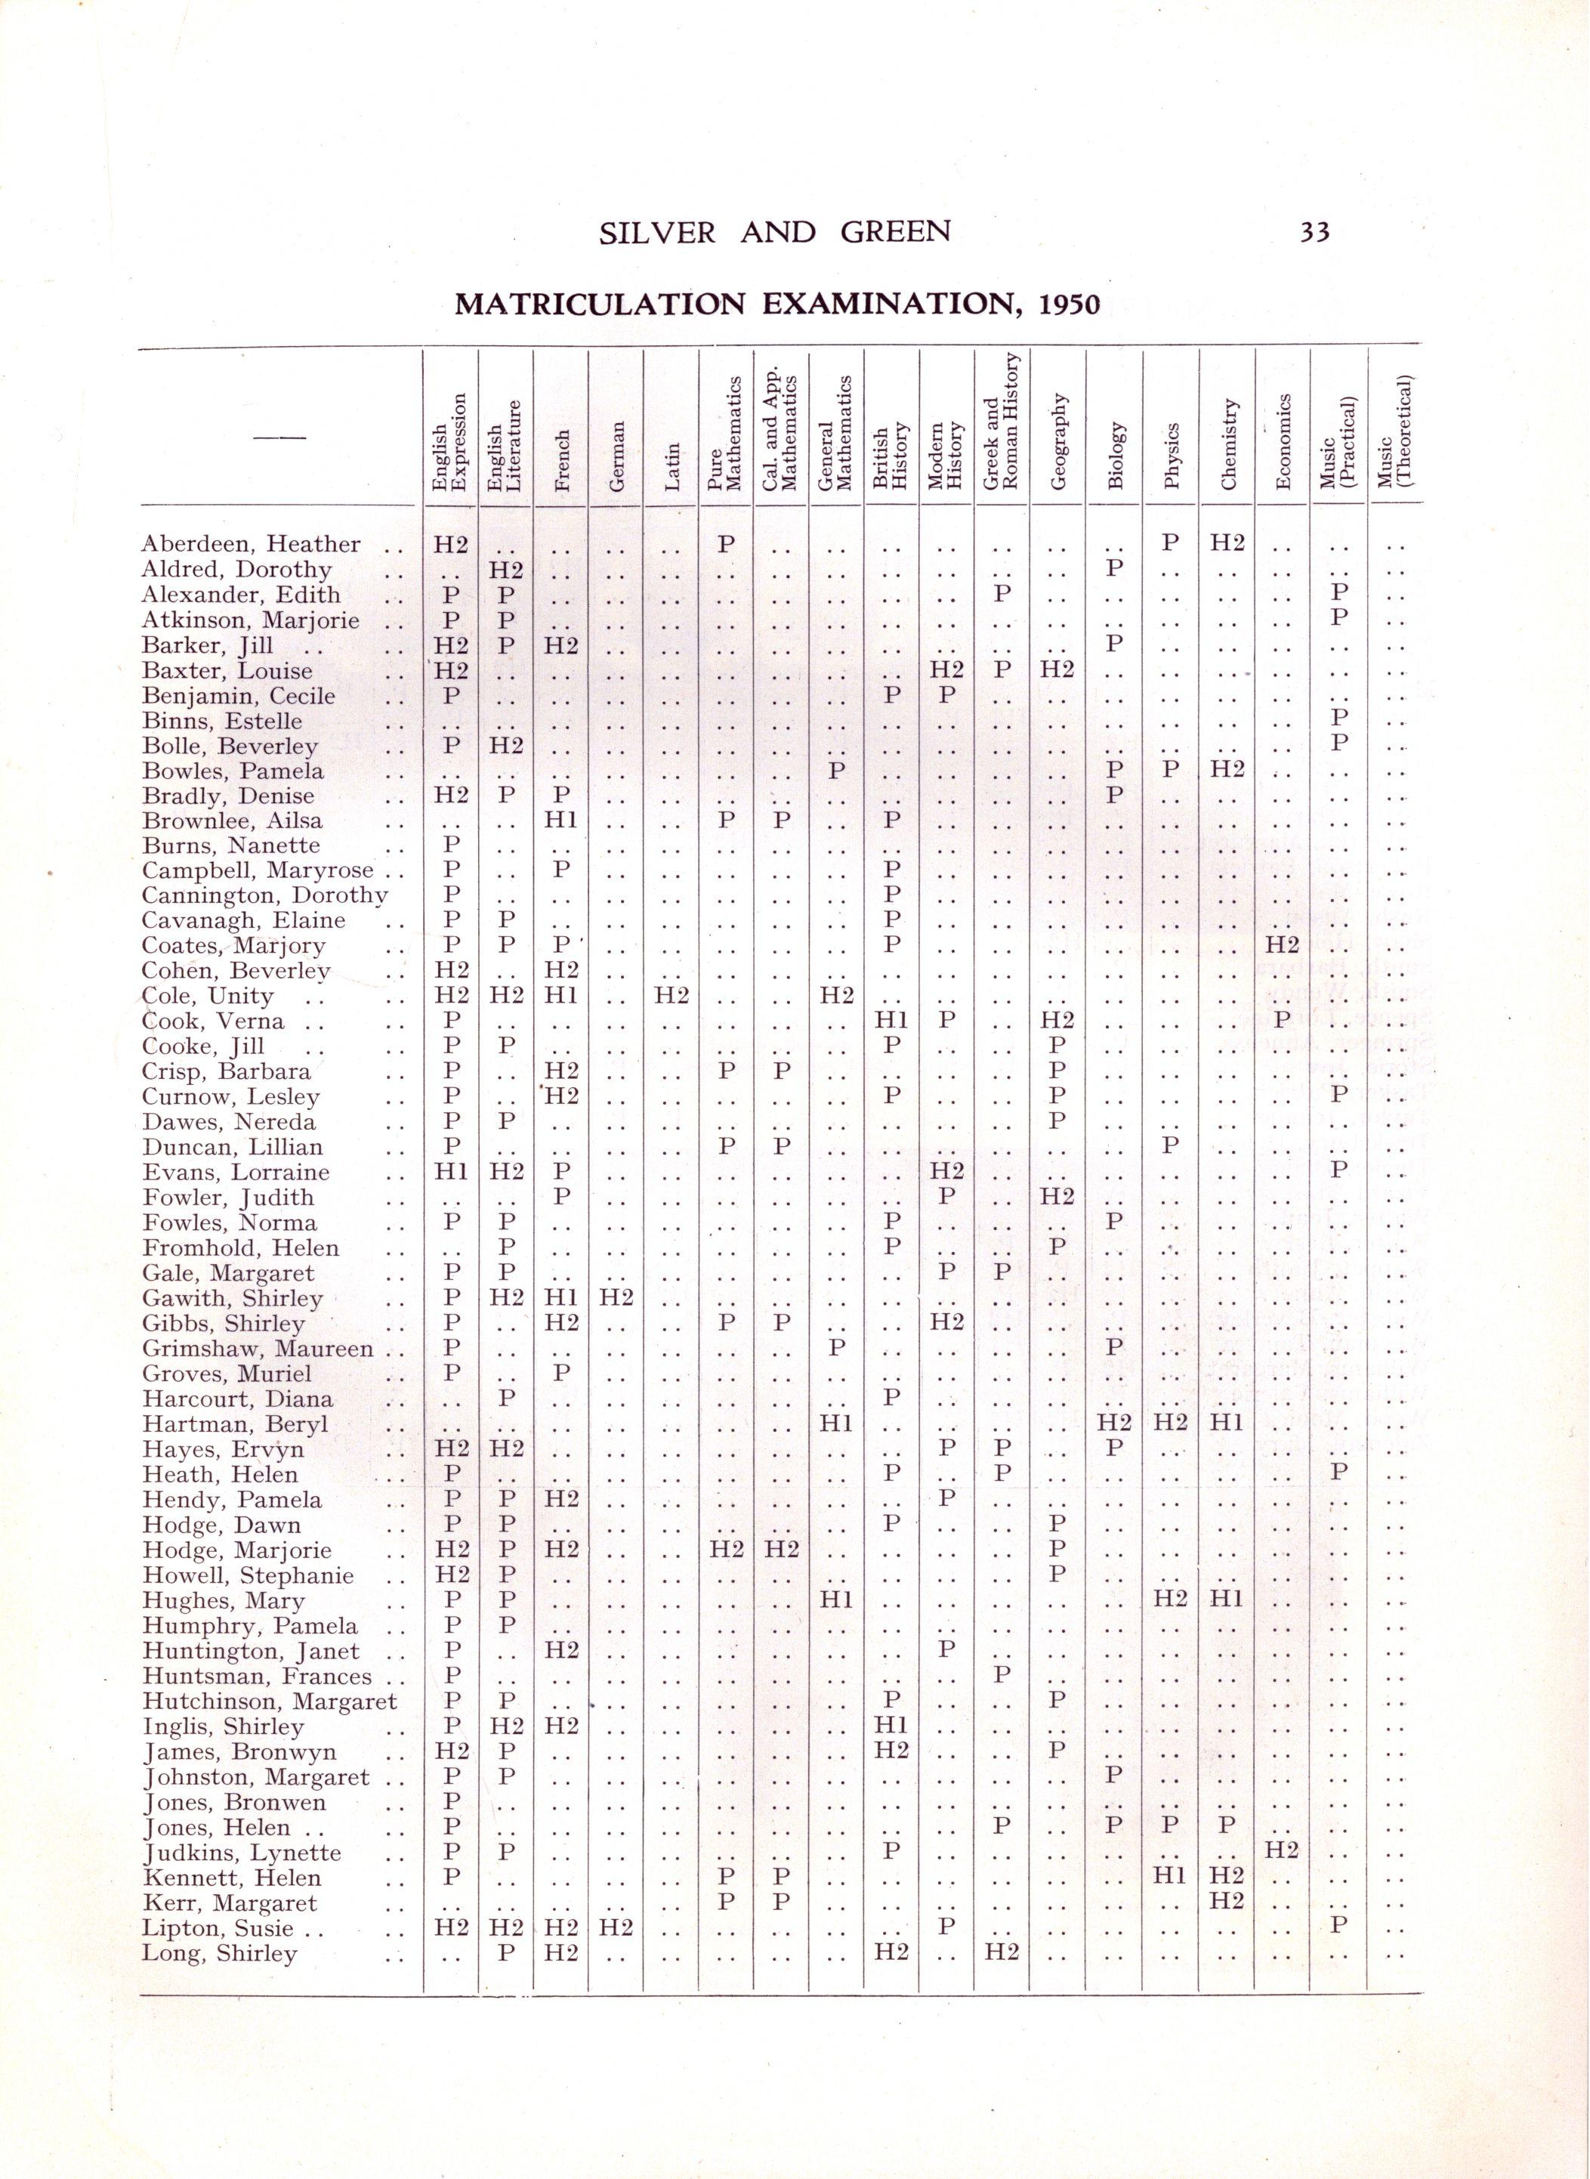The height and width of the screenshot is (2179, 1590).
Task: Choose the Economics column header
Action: pos(1283,440)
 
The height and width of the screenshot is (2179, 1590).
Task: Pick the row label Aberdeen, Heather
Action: pos(250,545)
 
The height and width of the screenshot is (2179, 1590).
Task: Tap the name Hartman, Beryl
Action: pos(235,1423)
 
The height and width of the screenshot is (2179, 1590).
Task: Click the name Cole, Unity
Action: pos(207,996)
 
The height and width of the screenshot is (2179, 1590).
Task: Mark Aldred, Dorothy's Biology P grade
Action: pos(1115,569)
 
